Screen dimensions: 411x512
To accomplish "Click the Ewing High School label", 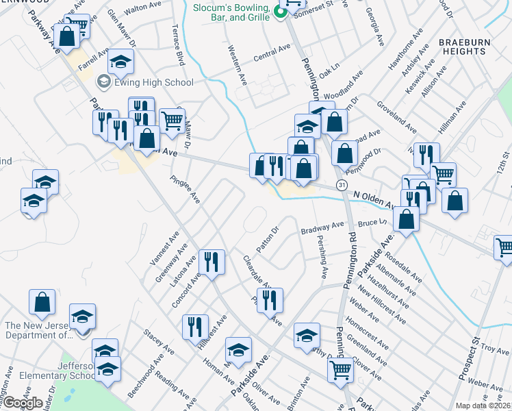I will coord(154,82).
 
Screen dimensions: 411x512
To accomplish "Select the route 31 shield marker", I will coord(341,186).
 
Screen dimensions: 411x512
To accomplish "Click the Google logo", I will coord(23,402).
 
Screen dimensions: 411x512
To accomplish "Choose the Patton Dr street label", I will coord(268,239).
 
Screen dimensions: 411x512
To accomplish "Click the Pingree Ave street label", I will coord(185,189).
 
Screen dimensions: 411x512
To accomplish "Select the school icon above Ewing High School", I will coord(120,62).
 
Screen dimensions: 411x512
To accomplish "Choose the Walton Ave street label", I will coord(142,8).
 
